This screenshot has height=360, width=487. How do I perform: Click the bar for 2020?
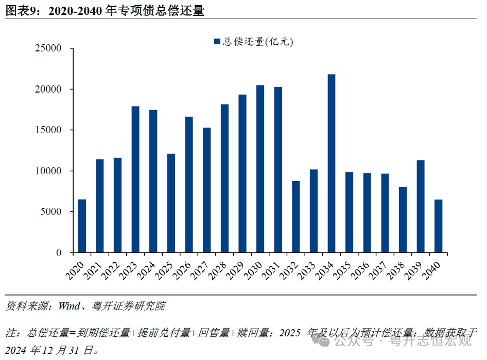[82, 226]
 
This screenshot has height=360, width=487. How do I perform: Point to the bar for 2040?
[438, 226]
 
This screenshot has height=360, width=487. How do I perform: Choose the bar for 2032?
[296, 217]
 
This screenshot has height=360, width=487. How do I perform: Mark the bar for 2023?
[135, 179]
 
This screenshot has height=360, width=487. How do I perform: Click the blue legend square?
[217, 42]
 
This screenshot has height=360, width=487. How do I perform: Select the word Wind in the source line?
[69, 307]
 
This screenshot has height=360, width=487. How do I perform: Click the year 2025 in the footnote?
[290, 333]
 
